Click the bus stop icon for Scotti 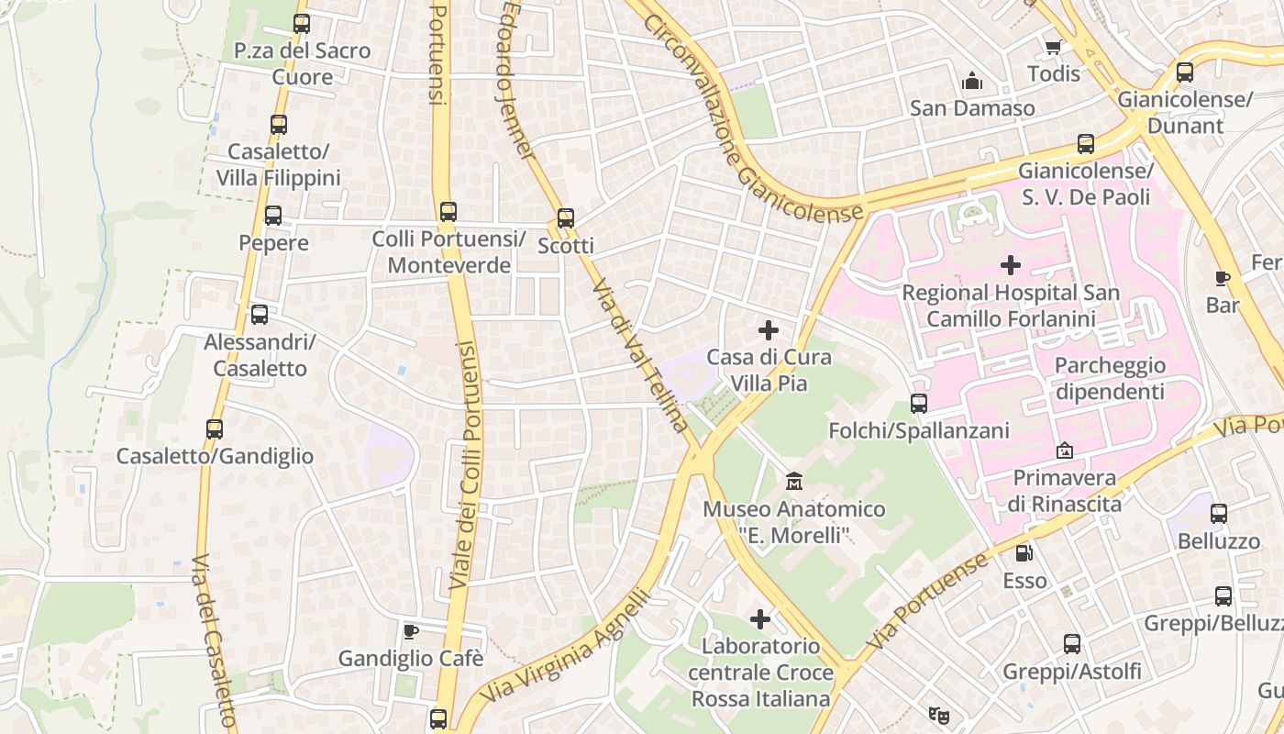[x=566, y=218]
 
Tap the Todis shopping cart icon [x=1053, y=47]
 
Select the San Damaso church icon [x=972, y=82]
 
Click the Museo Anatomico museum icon [x=794, y=481]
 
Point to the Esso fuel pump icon [x=1024, y=553]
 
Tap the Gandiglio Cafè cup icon [x=411, y=631]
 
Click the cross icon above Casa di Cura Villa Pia [x=769, y=330]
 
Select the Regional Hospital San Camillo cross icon [x=1011, y=266]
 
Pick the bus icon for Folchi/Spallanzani [x=919, y=404]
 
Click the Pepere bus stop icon [x=273, y=216]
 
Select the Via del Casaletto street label [x=215, y=642]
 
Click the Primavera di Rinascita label [x=1064, y=491]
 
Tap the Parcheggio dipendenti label [x=1110, y=378]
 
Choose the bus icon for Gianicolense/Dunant [x=1185, y=72]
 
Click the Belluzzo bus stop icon [x=1219, y=514]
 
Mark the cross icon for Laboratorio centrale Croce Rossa [x=760, y=619]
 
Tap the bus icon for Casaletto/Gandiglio [x=215, y=429]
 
